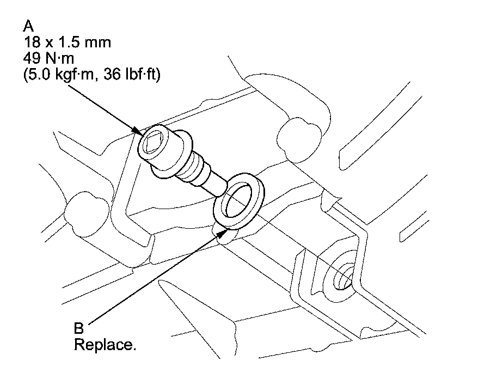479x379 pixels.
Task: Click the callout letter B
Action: click(x=79, y=328)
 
